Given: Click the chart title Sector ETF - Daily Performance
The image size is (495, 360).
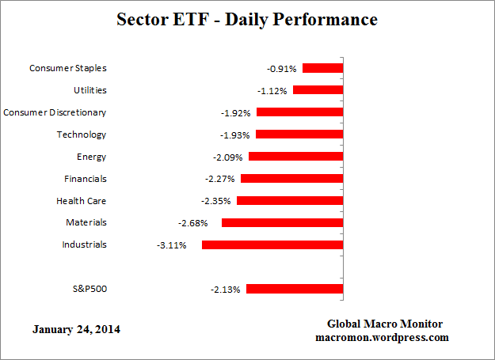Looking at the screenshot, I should point(248,18).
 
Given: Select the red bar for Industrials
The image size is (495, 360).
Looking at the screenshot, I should point(272,245).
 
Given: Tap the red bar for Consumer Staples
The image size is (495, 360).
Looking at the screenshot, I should point(322,68).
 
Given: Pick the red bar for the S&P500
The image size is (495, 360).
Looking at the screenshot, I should point(295,289).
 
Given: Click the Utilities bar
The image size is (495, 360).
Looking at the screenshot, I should point(318,90).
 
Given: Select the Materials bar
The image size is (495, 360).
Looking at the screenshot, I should point(282,223).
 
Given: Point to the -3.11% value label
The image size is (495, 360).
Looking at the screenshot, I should point(172,245).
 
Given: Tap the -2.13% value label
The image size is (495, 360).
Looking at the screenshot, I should point(225,289).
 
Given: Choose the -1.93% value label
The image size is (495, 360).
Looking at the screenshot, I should point(234,135).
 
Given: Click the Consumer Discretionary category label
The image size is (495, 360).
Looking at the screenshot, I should point(55,112).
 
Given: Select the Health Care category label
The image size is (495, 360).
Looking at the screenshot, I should point(81,201).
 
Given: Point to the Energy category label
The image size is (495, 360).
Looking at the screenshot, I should point(92,157).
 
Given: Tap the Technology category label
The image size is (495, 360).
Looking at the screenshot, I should point(81,135).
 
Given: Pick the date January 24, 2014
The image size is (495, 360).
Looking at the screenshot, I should point(78,328).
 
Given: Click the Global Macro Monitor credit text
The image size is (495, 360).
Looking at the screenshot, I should point(385,324).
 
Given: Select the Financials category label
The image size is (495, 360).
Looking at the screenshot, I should point(85,179).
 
